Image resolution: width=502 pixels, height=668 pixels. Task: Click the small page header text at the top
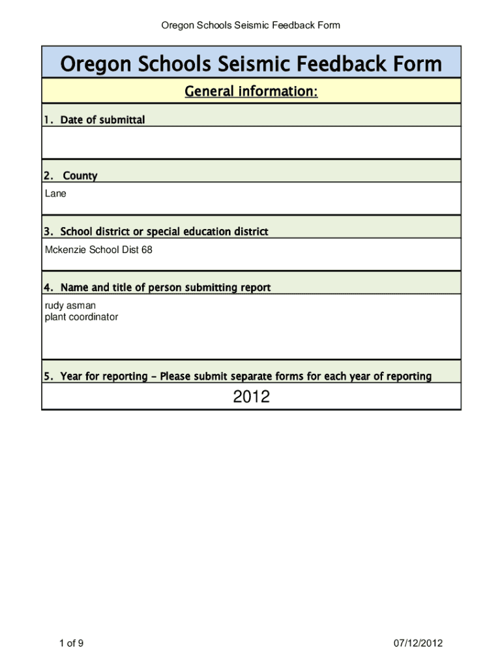(251, 25)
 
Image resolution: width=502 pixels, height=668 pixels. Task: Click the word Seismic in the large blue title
(252, 65)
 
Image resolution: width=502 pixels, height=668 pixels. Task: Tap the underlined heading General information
(251, 92)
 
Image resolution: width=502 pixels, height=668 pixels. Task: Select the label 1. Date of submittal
(94, 119)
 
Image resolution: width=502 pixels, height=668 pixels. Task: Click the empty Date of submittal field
(251, 142)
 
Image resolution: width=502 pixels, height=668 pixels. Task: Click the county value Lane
(55, 194)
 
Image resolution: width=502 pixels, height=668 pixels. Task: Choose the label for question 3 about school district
(156, 232)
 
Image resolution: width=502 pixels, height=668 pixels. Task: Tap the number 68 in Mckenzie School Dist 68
(147, 249)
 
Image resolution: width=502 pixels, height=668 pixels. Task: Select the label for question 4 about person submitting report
(157, 288)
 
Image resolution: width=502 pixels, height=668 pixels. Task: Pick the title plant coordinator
(81, 317)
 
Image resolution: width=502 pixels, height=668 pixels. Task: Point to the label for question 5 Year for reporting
(237, 376)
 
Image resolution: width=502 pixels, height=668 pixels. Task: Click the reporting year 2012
(251, 397)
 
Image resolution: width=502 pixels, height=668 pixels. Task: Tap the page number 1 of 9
(71, 644)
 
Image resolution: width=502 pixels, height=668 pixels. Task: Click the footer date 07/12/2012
(418, 644)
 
